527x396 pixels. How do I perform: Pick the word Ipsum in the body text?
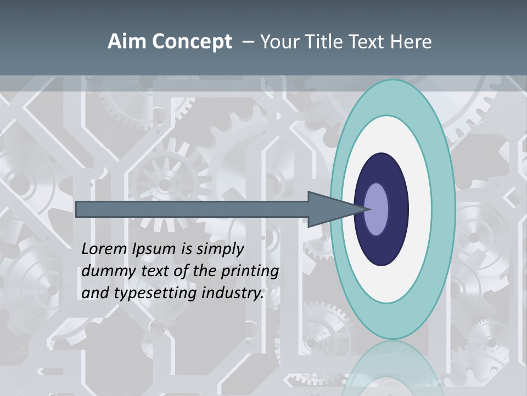pos(153,249)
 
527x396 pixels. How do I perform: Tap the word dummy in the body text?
pos(103,271)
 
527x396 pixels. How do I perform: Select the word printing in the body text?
pos(249,272)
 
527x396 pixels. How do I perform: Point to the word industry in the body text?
pos(233,294)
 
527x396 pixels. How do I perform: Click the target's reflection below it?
pos(393,369)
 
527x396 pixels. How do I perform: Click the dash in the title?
pos(248,42)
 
